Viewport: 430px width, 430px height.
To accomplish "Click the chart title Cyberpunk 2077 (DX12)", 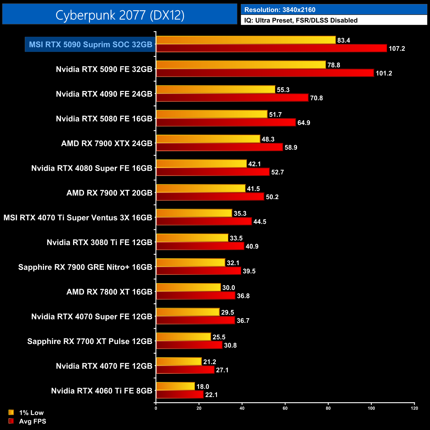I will coord(120,15).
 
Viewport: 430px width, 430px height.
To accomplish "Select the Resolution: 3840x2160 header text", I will coord(279,10).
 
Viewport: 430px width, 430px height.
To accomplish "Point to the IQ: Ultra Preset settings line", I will coord(301,20).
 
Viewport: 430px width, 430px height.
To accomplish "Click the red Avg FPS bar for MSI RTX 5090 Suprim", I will coord(271,48).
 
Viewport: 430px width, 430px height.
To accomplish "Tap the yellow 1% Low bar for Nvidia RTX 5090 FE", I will coord(241,65).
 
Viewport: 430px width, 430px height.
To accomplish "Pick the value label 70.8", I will coord(316,98).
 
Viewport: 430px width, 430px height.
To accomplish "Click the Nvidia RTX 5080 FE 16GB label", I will coord(104,119).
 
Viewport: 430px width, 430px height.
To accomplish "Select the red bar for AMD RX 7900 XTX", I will coord(219,147).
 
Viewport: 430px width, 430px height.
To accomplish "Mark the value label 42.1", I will coord(254,164).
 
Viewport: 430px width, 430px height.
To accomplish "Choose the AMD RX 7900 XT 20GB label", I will coord(109,193).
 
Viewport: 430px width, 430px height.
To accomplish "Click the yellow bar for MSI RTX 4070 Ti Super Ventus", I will coord(194,213).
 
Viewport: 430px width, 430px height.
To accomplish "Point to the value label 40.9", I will coord(252,246).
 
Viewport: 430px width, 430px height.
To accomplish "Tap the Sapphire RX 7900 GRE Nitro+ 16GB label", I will coord(85,267).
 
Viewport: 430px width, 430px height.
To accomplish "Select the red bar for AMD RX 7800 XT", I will coord(195,296).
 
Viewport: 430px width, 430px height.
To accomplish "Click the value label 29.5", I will coord(228,313).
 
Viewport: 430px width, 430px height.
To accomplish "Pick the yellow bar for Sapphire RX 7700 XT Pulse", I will coord(183,337).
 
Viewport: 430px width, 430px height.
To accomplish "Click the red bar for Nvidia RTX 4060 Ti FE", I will coord(180,395).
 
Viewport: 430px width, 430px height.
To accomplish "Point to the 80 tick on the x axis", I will coord(328,408).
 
